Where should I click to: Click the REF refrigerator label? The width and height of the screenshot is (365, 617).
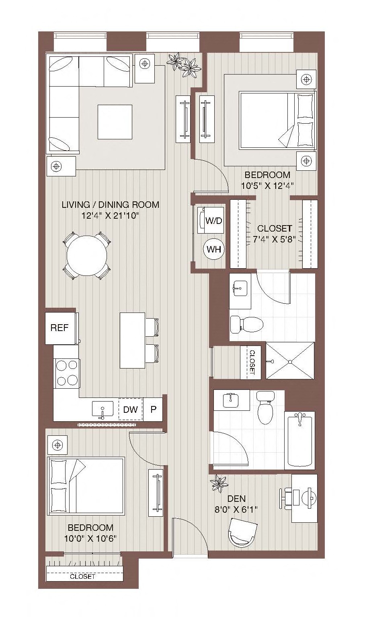[x=59, y=328]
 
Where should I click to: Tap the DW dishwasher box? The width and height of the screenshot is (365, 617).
[x=131, y=409]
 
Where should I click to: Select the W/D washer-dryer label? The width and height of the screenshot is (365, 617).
[x=214, y=221]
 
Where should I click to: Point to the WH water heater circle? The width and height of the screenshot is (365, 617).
[x=214, y=250]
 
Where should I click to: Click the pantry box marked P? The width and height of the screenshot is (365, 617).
[x=153, y=409]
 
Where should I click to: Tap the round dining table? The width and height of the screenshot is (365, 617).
[x=87, y=256]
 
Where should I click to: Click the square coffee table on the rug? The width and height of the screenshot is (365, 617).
[x=115, y=122]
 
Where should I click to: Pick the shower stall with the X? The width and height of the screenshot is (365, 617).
[x=290, y=360]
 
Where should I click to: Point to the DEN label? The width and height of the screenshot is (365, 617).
[x=236, y=499]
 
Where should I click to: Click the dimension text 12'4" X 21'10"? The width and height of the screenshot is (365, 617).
[x=110, y=215]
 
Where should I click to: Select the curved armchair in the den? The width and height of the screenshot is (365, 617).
[x=243, y=532]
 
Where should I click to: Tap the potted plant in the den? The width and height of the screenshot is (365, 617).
[x=219, y=484]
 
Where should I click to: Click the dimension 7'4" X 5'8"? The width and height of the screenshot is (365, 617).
[x=274, y=239]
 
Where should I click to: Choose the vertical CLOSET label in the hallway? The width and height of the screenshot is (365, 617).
[x=252, y=362]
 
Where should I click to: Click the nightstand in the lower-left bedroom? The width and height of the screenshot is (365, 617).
[x=57, y=445]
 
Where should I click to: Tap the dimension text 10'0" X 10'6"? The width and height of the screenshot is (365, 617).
[x=90, y=538]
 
